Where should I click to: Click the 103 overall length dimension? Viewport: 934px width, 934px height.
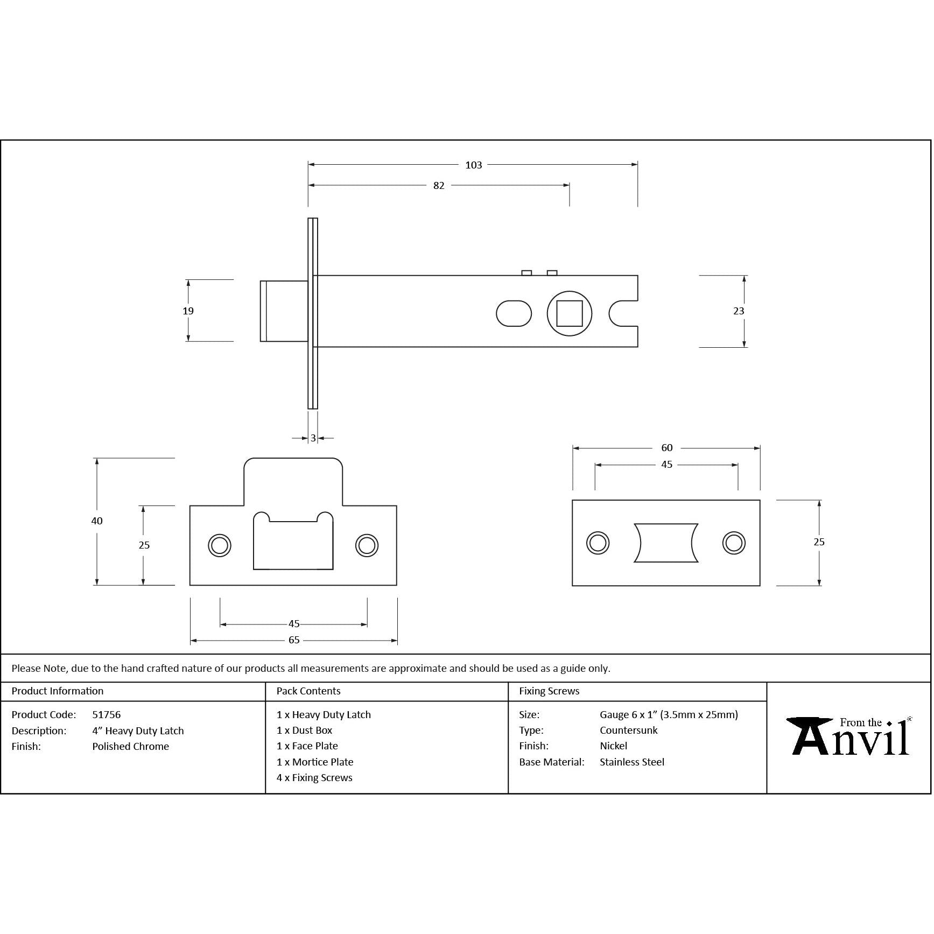[x=473, y=165]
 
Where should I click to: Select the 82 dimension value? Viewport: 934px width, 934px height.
[x=439, y=186]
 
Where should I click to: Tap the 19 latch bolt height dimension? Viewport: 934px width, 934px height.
[x=188, y=311]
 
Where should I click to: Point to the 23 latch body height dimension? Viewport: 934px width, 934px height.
[x=739, y=311]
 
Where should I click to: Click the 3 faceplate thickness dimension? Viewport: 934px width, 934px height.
[x=313, y=438]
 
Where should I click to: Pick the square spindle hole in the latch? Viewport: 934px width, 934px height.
[x=569, y=313]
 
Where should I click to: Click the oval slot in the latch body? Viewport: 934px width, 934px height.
[x=514, y=313]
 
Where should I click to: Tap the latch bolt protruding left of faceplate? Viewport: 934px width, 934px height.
[x=284, y=311]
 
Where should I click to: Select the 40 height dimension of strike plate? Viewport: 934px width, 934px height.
[x=97, y=521]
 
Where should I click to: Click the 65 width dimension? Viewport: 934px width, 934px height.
[x=294, y=640]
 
